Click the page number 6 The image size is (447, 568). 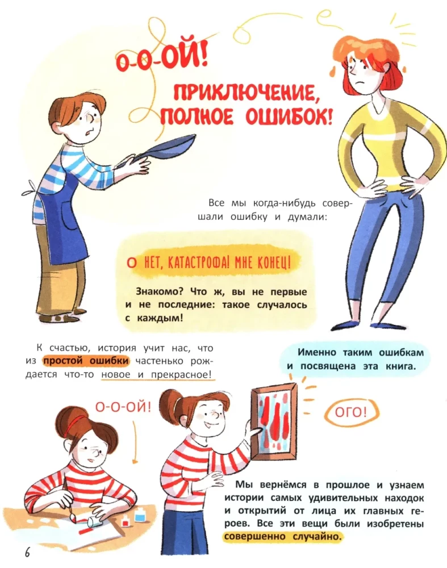click(x=26, y=552)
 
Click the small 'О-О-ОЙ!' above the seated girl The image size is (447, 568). click(x=122, y=406)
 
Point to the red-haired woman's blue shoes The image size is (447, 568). click(x=364, y=325)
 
